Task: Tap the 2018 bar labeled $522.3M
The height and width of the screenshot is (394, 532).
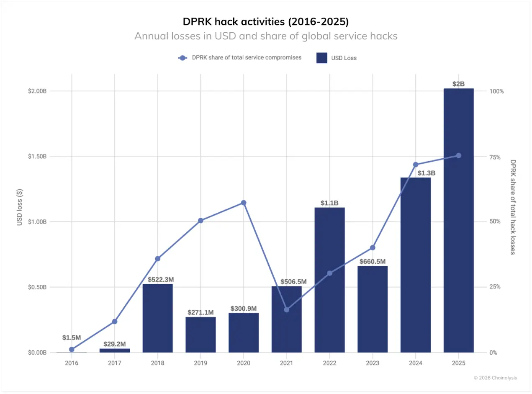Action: coord(157,318)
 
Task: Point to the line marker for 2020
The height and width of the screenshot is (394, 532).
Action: coord(244,203)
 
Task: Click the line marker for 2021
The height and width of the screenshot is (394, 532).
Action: coord(287,310)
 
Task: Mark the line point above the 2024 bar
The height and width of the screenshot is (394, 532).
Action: coord(416,165)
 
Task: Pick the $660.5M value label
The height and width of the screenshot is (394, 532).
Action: coord(373,262)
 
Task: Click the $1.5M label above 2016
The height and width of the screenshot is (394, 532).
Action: coord(72,337)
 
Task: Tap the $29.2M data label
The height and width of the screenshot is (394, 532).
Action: coord(115,344)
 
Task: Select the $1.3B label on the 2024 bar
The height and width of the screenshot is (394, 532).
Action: coord(416,173)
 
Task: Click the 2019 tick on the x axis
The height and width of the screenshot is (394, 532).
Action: coord(200,363)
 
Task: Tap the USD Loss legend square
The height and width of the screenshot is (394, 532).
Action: coord(322,58)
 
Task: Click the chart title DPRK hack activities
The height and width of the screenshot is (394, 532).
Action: coord(266,21)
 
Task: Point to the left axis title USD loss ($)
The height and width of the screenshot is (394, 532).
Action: coord(20,208)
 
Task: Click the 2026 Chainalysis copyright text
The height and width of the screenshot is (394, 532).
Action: coord(495,378)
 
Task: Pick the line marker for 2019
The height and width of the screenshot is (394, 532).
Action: coord(200,220)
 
